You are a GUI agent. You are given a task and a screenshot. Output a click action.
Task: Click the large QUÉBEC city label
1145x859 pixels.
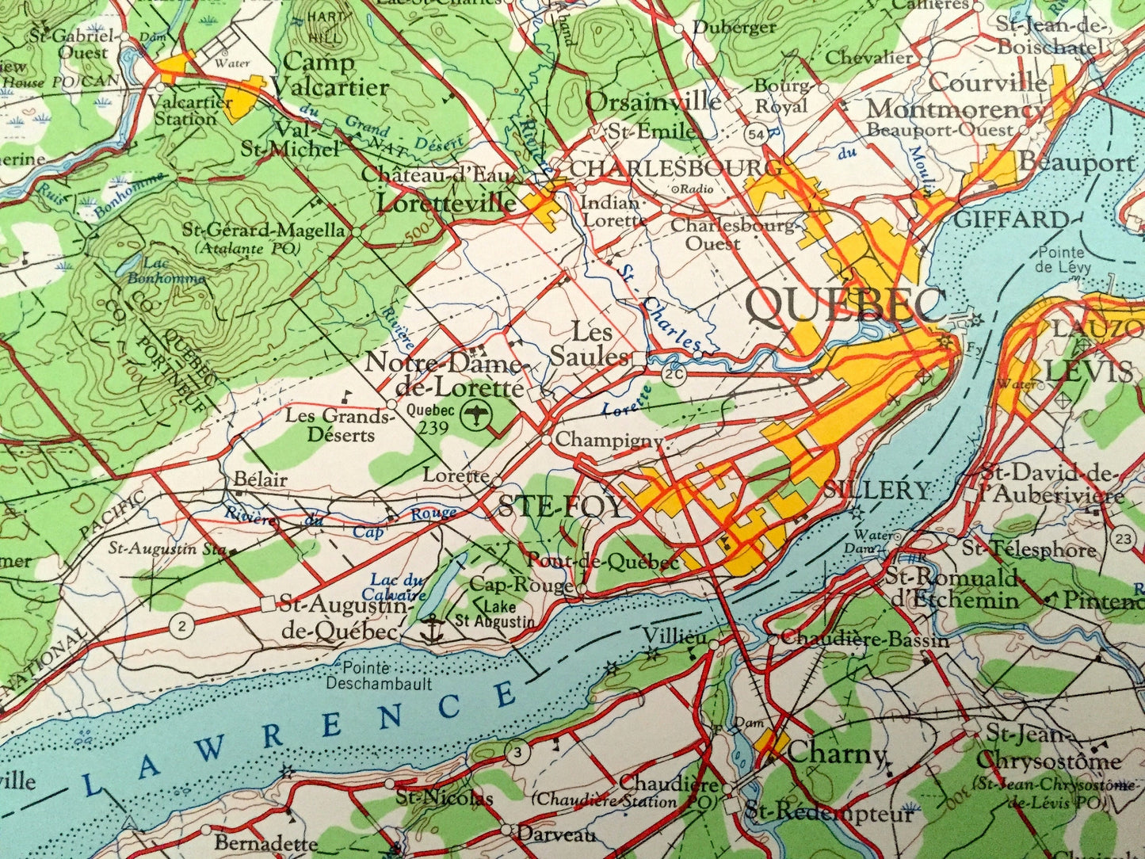846,305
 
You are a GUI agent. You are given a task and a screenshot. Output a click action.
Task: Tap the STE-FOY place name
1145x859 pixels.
561,507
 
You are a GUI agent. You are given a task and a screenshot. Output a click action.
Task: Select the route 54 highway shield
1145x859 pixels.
757,135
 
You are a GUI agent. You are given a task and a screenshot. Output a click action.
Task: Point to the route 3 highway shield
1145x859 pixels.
517,753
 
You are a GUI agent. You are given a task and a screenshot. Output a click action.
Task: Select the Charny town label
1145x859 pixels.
837,753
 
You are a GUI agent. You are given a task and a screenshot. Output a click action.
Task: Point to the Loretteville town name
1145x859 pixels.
446,203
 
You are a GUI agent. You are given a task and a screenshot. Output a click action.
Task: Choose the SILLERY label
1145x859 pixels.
876,491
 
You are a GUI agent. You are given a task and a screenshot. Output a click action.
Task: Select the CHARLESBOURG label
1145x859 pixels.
675,168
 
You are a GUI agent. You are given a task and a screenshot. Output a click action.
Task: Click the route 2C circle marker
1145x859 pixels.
675,376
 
